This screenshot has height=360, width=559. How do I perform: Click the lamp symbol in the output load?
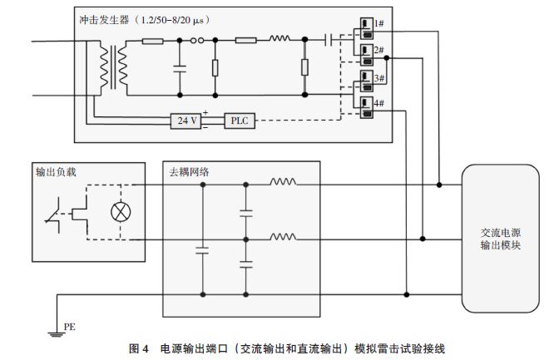pos(119,214)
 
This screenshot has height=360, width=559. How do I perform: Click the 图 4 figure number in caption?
pos(139,348)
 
